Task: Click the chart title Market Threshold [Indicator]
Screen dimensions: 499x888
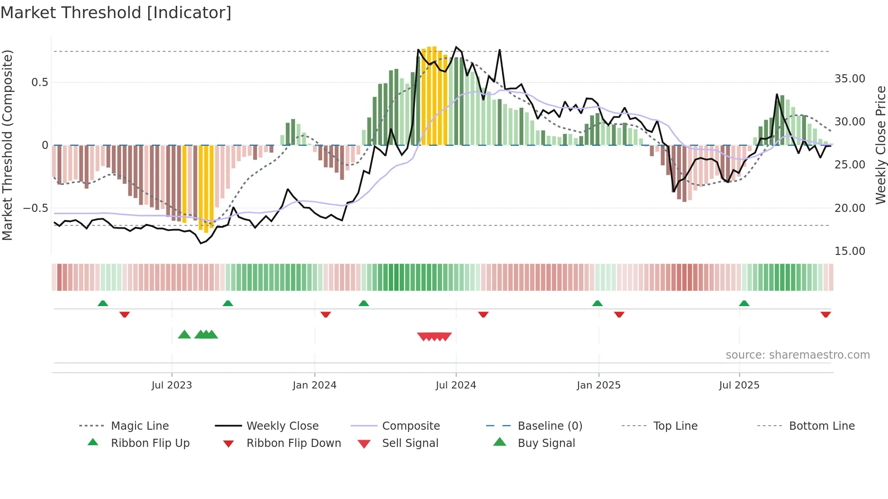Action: pos(116,13)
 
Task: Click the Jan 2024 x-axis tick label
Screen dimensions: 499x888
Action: pos(314,385)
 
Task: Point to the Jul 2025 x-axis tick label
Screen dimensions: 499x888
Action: pos(739,385)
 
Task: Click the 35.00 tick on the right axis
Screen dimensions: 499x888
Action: pos(849,79)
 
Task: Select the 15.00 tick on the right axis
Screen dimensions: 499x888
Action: pos(849,251)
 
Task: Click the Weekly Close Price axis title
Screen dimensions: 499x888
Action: pos(880,145)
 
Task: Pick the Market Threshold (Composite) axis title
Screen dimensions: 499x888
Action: pos(7,145)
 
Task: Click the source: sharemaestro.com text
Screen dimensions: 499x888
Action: pos(797,355)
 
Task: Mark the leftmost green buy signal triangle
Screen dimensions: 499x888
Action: pos(184,335)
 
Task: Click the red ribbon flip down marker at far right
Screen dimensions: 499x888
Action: pos(825,314)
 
